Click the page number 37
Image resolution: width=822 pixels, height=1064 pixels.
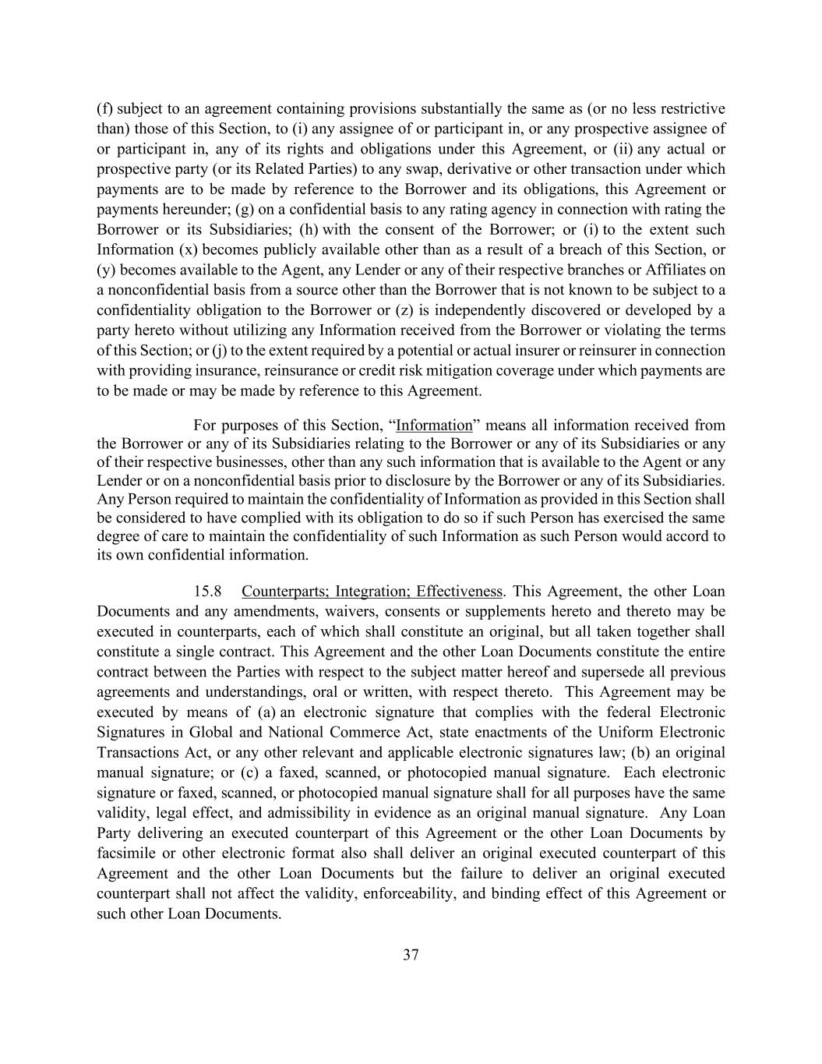pos(411,955)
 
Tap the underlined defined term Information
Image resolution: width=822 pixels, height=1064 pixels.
pos(434,426)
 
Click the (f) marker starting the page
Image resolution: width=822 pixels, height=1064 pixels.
pos(104,108)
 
